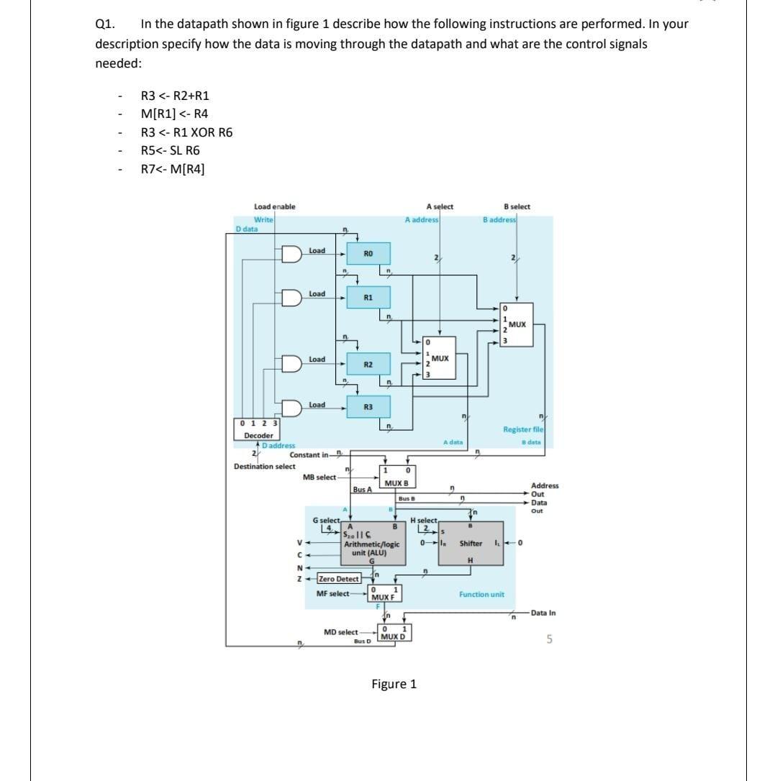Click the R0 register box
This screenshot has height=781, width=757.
tap(368, 253)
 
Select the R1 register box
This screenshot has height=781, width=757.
tap(368, 296)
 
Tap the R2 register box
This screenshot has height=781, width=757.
tap(368, 365)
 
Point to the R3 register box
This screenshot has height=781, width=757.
tap(368, 407)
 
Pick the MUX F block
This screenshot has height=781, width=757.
tap(386, 593)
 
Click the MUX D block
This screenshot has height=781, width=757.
tap(393, 634)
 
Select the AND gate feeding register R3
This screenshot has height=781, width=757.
tap(292, 408)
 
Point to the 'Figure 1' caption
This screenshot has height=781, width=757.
tap(394, 684)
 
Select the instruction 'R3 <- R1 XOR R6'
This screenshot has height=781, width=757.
tap(186, 132)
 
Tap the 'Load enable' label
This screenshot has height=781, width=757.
tap(274, 206)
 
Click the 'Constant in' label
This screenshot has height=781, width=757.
tap(309, 455)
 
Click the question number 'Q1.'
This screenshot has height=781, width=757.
tap(106, 24)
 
